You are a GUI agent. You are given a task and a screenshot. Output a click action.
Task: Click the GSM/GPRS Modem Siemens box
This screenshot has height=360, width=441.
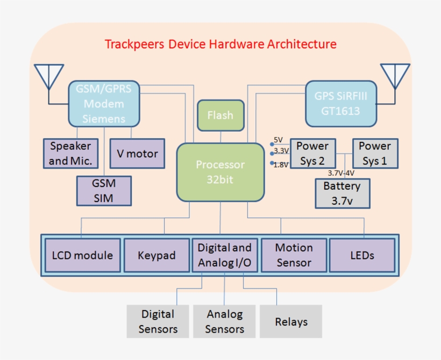point(104,103)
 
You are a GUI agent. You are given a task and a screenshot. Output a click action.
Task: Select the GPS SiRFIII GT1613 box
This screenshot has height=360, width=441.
point(340,104)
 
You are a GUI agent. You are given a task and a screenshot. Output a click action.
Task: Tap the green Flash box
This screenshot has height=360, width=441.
point(220,116)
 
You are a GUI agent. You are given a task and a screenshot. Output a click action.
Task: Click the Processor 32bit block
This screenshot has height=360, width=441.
point(220,172)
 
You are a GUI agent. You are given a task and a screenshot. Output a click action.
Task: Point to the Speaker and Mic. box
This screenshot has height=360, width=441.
point(70,153)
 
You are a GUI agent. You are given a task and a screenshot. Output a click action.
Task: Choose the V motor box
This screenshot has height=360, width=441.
point(137,154)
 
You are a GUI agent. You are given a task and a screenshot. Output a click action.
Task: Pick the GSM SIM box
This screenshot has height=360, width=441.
point(104,190)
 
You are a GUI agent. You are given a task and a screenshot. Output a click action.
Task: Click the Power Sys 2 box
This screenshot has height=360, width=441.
point(312,154)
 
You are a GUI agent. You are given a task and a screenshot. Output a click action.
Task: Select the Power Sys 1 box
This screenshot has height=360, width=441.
point(375,154)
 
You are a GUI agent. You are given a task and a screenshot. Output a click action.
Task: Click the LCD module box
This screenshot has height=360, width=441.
point(82,255)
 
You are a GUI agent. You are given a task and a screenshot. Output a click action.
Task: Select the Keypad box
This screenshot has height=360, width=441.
point(157,255)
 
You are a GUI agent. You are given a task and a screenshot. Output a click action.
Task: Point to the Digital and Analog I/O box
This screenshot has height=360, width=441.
point(224,255)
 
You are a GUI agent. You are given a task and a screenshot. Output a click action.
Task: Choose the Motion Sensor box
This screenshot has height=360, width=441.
point(294,255)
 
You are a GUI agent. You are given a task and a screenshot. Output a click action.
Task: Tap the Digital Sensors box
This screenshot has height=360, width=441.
point(158,321)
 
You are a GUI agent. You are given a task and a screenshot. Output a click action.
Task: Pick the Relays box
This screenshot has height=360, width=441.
point(291,321)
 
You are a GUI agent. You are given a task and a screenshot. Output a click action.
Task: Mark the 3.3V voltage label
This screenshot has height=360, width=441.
point(281,152)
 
